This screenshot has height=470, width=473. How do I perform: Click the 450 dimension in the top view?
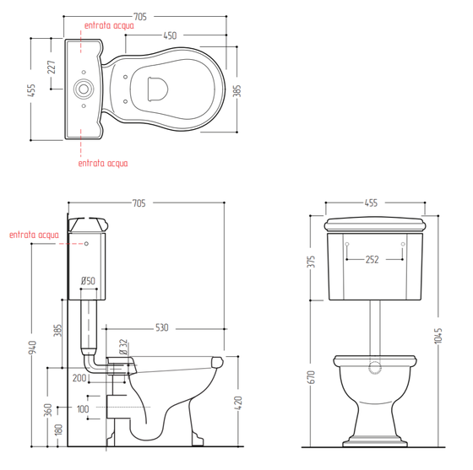pyautogui.click(x=170, y=35)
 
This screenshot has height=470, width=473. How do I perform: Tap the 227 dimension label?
pyautogui.click(x=52, y=68)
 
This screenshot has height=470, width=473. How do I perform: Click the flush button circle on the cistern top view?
pyautogui.click(x=84, y=89)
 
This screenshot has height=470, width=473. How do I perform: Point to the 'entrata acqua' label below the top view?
pyautogui.click(x=103, y=164)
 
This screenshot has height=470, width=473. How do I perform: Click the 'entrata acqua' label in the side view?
pyautogui.click(x=34, y=235)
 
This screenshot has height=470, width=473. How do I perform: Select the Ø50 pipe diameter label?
pyautogui.click(x=88, y=281)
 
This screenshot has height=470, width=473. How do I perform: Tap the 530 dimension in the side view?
pyautogui.click(x=161, y=327)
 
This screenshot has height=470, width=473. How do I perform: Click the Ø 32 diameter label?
pyautogui.click(x=123, y=347)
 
